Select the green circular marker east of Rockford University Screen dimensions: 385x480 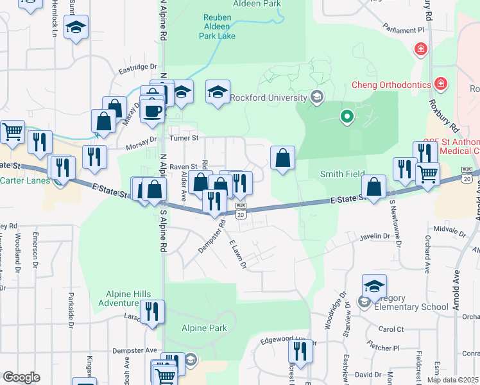click(347, 117)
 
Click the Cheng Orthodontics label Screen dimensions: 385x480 click(391, 85)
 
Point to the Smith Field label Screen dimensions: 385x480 click(342, 174)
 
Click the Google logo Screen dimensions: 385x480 click(21, 377)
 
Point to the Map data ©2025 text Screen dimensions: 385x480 click(452, 380)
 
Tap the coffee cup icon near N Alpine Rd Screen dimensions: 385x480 click(153, 110)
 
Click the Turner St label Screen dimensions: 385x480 click(184, 138)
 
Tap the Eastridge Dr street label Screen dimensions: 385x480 click(137, 66)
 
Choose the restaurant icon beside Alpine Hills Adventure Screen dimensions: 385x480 click(151, 311)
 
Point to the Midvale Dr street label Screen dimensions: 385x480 click(449, 228)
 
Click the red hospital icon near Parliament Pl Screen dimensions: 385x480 click(421, 49)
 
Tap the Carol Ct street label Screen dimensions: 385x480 click(391, 329)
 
